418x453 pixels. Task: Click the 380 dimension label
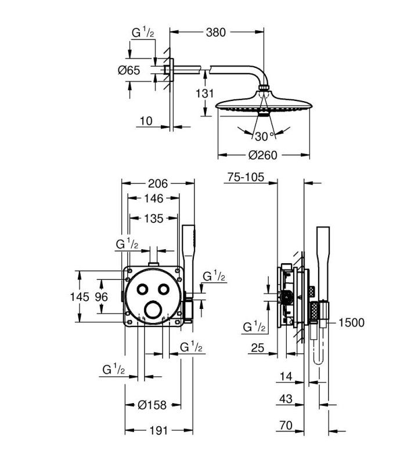215,33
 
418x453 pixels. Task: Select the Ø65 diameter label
129,70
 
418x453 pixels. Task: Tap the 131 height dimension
204,94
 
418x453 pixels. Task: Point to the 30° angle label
264,136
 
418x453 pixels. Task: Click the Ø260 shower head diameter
262,156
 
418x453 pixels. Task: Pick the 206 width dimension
158,184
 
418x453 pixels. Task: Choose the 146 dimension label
154,199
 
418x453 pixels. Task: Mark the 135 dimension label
154,218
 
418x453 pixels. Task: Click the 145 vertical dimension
80,297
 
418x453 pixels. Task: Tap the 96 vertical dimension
102,297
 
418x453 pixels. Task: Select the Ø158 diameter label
152,405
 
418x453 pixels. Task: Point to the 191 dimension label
158,431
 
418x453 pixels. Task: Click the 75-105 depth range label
246,177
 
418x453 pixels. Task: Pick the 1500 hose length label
351,322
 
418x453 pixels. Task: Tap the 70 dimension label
286,425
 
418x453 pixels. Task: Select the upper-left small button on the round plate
143,289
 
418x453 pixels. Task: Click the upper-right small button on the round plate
163,289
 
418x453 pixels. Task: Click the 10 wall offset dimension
146,121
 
